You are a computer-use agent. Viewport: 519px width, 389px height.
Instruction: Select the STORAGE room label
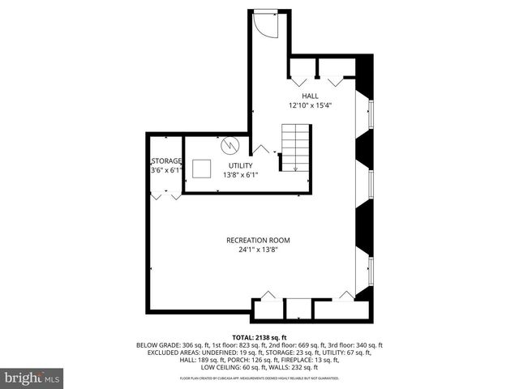166,160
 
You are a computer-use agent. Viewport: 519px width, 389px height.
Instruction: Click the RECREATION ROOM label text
258,241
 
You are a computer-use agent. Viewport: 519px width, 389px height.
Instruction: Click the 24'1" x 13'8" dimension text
258,250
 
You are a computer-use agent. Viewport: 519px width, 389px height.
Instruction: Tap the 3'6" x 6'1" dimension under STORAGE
166,170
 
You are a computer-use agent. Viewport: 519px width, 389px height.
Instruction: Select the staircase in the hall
294,147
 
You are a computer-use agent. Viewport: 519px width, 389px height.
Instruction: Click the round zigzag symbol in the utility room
231,146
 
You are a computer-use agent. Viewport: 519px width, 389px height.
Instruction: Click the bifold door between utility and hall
261,150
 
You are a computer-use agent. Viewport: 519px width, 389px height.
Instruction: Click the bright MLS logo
31,378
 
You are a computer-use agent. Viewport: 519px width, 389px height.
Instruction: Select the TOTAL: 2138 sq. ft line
259,337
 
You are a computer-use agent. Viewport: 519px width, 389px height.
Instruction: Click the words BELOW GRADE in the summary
159,345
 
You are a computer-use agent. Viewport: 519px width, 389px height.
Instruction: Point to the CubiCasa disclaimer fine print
259,378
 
